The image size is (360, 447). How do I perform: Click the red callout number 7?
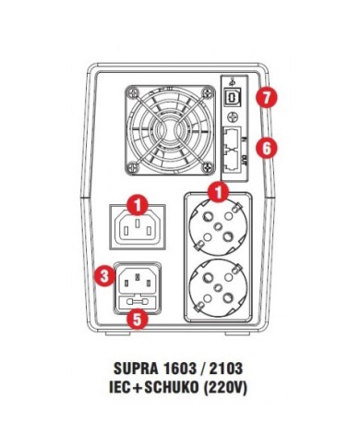265,95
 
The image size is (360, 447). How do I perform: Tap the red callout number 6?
265,145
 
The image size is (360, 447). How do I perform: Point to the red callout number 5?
137,320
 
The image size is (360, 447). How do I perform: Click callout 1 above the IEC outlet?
137,200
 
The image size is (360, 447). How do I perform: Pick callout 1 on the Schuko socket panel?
219,193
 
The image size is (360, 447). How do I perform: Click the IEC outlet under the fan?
137,226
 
